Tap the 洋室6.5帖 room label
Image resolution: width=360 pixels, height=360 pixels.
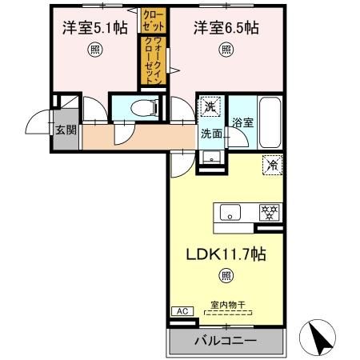click(x=226, y=28)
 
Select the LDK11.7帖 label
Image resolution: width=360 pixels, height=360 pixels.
click(x=226, y=255)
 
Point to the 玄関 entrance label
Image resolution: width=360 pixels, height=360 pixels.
click(x=65, y=129)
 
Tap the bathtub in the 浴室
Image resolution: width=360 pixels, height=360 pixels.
click(x=270, y=122)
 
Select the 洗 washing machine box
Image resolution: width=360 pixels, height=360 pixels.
click(x=209, y=106)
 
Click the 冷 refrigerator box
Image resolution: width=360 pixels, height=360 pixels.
click(x=273, y=166)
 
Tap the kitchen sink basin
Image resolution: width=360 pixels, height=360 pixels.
click(x=230, y=213)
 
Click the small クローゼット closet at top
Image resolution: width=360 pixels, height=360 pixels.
click(x=150, y=19)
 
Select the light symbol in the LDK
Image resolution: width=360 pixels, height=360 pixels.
click(x=226, y=277)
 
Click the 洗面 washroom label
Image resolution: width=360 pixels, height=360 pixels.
click(x=211, y=133)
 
